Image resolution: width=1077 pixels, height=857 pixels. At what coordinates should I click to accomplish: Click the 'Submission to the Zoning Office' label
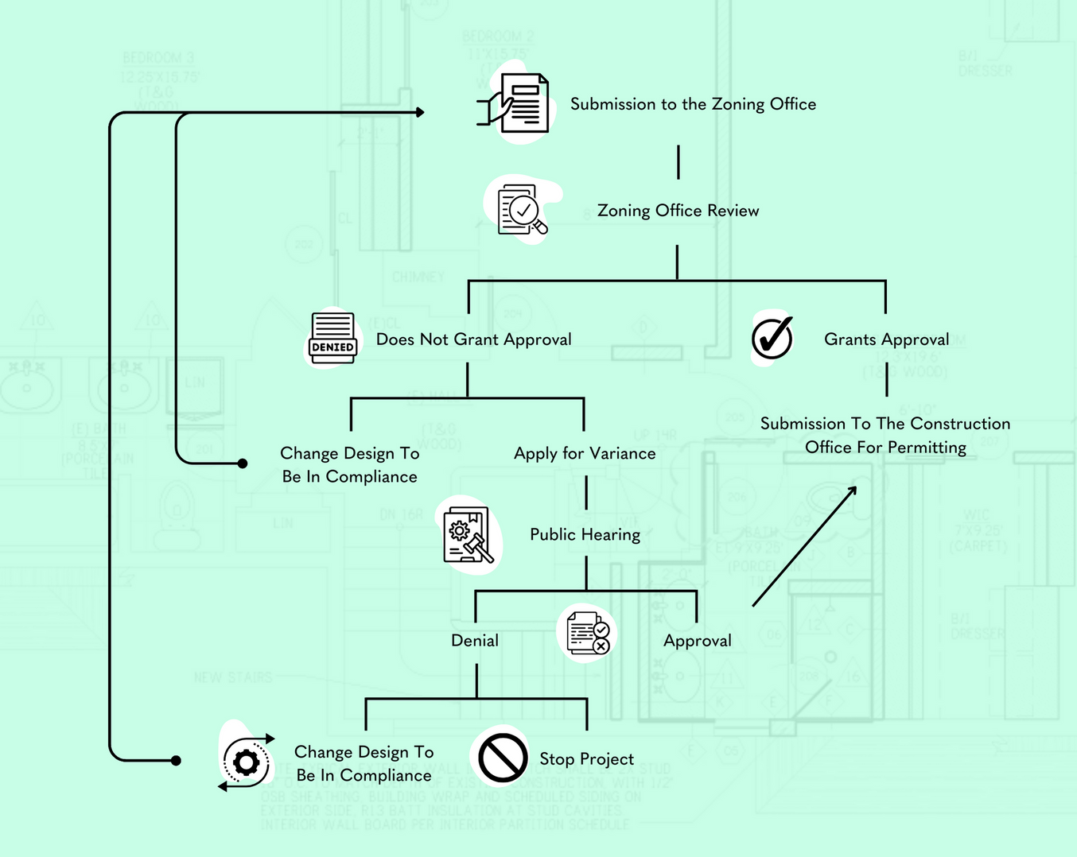point(693,104)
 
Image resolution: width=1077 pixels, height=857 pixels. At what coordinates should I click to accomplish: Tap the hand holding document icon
point(516,105)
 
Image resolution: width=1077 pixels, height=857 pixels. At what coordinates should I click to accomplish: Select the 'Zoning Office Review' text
point(678,211)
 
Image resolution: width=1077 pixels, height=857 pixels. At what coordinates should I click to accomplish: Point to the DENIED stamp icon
point(332,339)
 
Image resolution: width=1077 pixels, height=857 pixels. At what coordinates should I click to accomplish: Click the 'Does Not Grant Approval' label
point(473,339)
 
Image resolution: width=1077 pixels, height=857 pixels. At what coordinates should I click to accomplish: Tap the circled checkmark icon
point(772,339)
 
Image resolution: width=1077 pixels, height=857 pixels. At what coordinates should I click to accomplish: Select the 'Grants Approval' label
point(886,339)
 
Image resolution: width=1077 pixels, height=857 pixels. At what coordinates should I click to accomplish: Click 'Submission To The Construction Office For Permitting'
point(885,436)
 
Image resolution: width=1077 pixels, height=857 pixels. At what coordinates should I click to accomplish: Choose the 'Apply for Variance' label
point(585,453)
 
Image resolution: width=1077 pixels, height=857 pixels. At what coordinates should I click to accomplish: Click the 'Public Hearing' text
point(585,535)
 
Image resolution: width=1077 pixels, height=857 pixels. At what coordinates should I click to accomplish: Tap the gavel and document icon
point(469,536)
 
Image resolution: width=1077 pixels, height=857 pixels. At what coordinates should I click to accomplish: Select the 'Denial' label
point(475,641)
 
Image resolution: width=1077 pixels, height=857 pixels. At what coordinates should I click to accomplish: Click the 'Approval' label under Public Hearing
point(697,641)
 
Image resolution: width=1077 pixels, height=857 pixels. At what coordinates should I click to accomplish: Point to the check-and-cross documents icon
point(588,634)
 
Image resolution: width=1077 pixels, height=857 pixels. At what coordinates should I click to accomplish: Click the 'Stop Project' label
point(586,759)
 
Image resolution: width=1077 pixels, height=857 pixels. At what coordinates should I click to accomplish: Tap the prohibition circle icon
point(502,758)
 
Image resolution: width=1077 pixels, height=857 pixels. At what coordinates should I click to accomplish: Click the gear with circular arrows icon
point(247,762)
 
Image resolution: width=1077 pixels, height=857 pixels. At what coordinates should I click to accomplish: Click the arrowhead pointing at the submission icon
point(419,112)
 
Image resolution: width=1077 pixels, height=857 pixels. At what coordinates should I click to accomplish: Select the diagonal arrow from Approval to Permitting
point(803,546)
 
